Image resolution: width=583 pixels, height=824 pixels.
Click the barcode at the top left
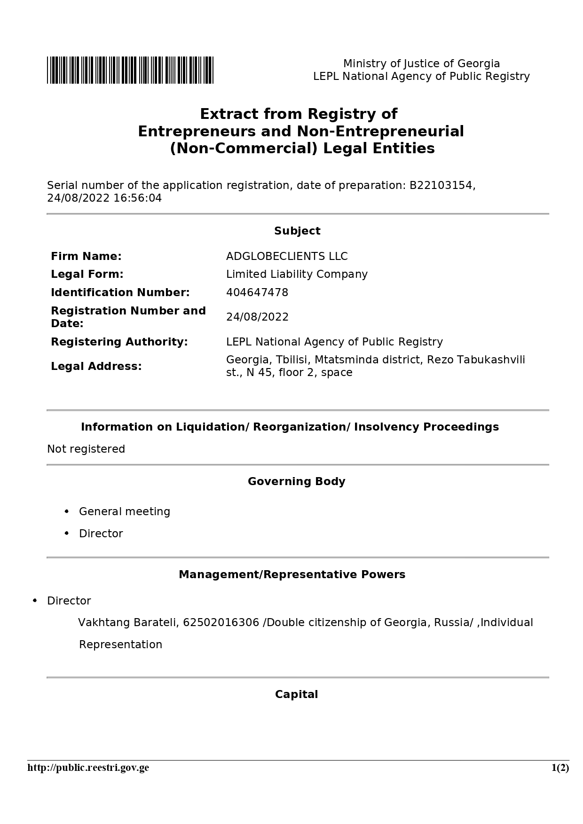(x=130, y=70)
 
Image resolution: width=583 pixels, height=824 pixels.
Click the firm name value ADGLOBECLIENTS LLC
(x=287, y=256)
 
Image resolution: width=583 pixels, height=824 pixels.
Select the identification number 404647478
(x=257, y=292)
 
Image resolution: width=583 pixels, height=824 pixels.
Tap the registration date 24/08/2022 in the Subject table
(x=257, y=317)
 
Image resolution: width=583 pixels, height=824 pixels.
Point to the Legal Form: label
(x=87, y=274)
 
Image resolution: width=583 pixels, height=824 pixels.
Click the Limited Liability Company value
(x=297, y=274)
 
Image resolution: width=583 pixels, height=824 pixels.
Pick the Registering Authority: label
(x=119, y=342)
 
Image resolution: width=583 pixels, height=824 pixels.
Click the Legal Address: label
(x=96, y=366)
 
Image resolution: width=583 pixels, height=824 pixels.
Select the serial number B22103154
(x=441, y=185)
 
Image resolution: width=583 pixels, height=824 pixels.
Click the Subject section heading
(x=297, y=231)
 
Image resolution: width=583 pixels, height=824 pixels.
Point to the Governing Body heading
(x=296, y=481)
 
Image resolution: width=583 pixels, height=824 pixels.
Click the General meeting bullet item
(x=124, y=511)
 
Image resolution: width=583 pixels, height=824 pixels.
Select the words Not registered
(x=86, y=449)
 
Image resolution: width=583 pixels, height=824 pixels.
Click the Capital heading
(x=296, y=694)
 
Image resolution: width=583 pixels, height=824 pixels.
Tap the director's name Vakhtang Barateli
(x=128, y=622)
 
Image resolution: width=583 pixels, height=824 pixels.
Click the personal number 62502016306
(x=221, y=622)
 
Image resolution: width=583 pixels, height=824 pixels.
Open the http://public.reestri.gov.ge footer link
(x=88, y=768)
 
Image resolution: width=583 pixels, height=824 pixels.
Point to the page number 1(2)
(x=560, y=768)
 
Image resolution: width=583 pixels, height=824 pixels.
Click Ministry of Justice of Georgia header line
(x=421, y=63)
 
